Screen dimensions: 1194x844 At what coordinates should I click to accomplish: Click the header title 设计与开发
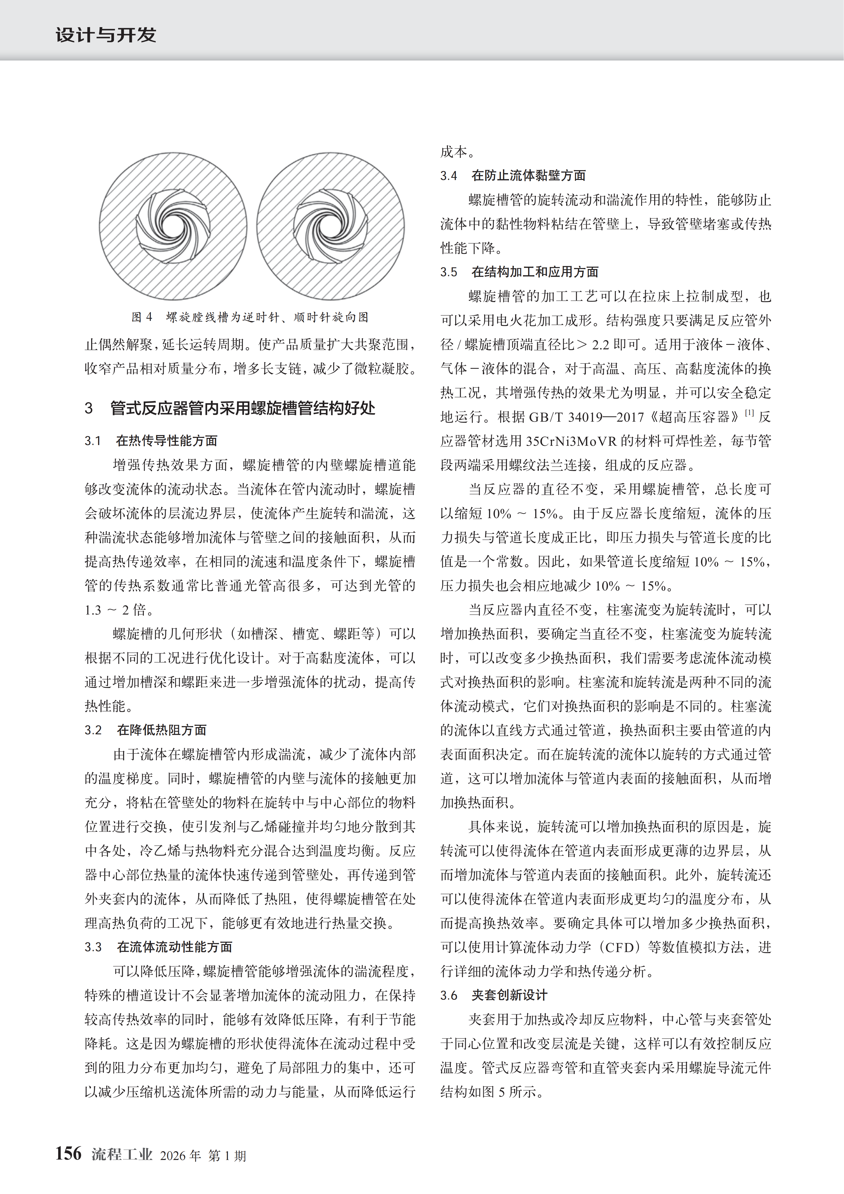pos(106,35)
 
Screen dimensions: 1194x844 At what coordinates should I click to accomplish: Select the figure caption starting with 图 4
pos(250,317)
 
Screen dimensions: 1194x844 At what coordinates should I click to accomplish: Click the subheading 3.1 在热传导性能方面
pos(151,441)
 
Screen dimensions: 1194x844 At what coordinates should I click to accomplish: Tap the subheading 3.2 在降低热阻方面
pos(146,730)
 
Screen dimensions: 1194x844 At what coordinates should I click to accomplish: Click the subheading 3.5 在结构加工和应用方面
pos(519,271)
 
